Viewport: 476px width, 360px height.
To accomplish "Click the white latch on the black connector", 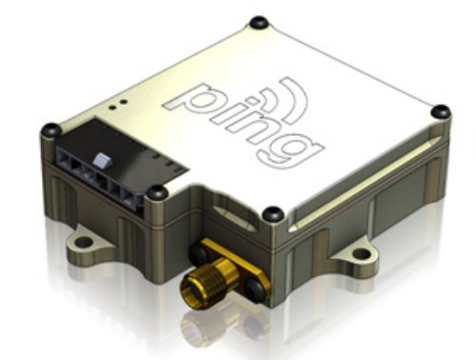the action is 102,159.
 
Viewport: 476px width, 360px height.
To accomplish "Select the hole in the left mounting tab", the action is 84,243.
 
